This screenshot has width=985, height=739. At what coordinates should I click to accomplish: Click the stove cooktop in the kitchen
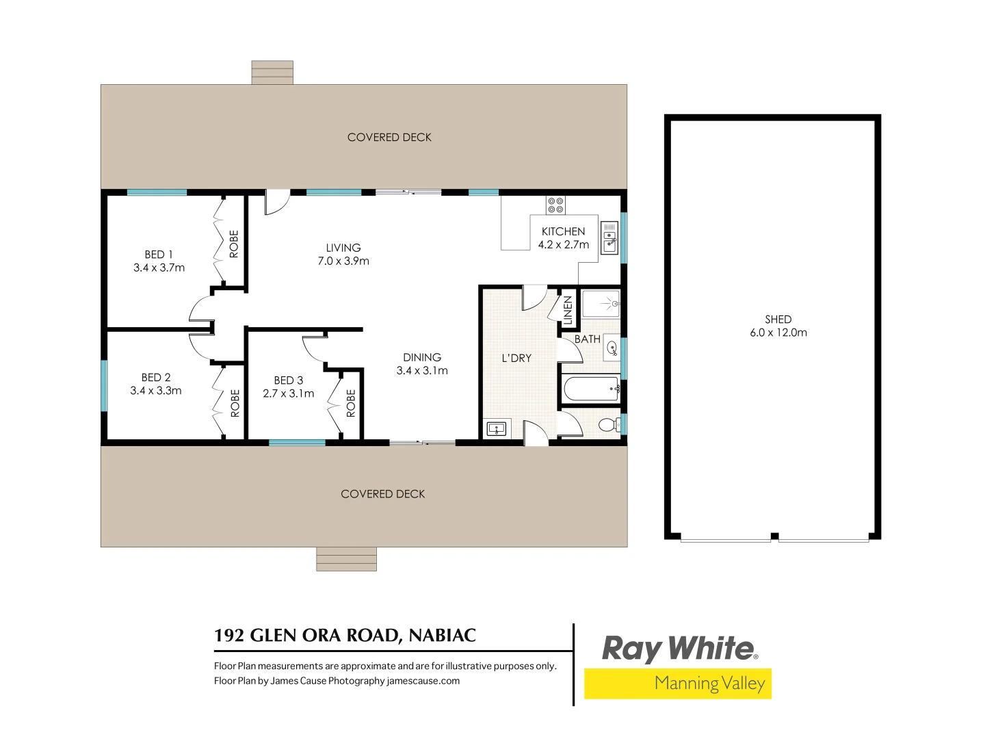[x=555, y=205]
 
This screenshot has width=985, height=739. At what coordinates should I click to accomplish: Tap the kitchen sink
[x=609, y=239]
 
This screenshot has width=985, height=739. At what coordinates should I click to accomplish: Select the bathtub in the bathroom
[x=591, y=390]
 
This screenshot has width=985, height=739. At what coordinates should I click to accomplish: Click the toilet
[x=607, y=425]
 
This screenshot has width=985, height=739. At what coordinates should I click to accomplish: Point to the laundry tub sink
[x=496, y=429]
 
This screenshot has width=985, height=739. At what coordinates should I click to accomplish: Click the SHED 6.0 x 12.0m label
[x=778, y=326]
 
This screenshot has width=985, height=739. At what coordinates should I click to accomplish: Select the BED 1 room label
[x=159, y=255]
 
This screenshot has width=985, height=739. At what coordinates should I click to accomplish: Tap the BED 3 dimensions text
[x=289, y=393]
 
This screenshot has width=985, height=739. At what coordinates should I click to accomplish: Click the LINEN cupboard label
[x=568, y=310]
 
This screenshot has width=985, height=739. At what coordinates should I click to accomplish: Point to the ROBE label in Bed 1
[x=234, y=244]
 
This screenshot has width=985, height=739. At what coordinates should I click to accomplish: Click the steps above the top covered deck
[x=272, y=73]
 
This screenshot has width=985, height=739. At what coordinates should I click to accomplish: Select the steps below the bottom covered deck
[x=346, y=559]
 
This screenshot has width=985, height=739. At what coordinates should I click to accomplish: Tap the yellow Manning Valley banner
[x=677, y=684]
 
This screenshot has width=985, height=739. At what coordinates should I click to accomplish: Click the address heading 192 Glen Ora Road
[x=345, y=636]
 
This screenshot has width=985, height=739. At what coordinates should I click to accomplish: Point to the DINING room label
[x=422, y=357]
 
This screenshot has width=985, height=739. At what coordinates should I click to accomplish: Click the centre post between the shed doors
[x=774, y=536]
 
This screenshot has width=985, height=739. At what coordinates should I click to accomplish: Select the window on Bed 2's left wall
[x=105, y=386]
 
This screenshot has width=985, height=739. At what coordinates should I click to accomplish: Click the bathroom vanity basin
[x=612, y=348]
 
